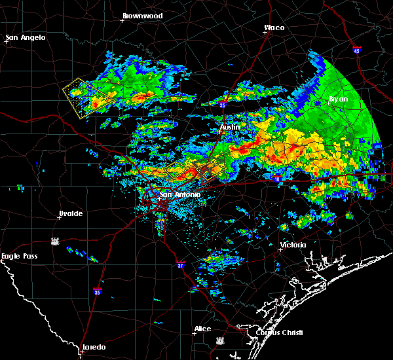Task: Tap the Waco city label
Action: coord(274,27)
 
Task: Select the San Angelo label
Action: coord(26,37)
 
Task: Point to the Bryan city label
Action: coord(339,99)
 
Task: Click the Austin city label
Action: coord(230,126)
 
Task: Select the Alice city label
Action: coord(203,329)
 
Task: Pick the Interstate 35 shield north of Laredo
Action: coord(98,291)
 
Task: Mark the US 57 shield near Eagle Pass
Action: coord(57,241)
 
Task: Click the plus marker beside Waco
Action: coord(265,34)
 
